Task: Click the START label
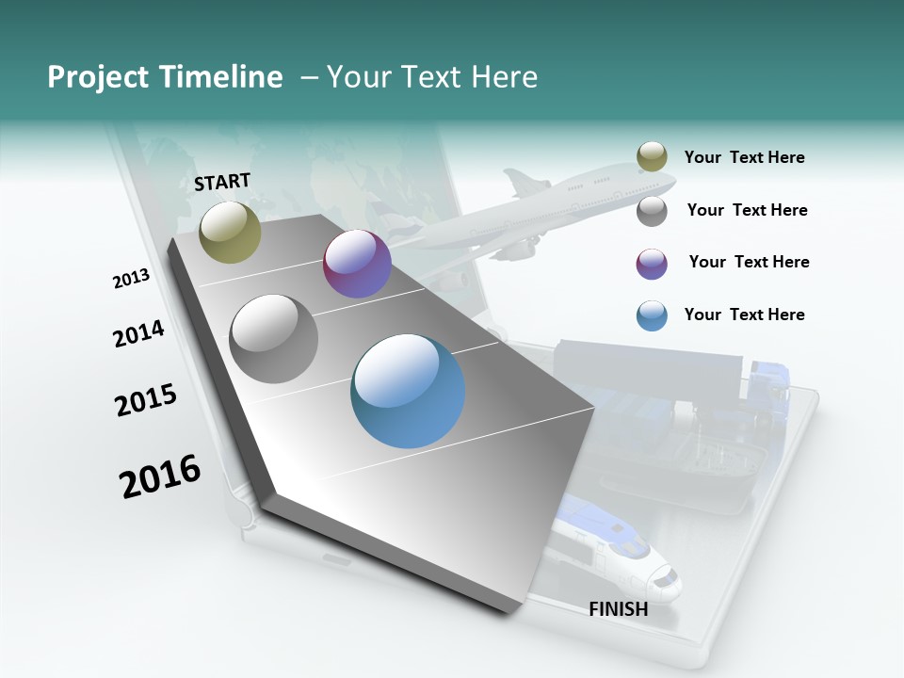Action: [222, 182]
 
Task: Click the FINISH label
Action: [618, 609]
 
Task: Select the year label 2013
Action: [131, 279]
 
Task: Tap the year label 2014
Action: [138, 333]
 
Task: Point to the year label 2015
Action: [146, 400]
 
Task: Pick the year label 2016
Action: [160, 476]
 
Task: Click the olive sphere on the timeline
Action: [230, 232]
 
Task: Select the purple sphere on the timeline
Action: [357, 264]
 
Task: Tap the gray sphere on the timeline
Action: [274, 338]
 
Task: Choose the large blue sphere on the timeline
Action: [408, 391]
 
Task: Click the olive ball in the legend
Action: [652, 157]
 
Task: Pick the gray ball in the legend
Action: [652, 211]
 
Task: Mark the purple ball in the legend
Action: [652, 264]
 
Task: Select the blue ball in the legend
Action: [652, 315]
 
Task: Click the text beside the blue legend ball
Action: [744, 315]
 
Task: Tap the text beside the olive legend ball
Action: [744, 157]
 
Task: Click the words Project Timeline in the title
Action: [165, 77]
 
